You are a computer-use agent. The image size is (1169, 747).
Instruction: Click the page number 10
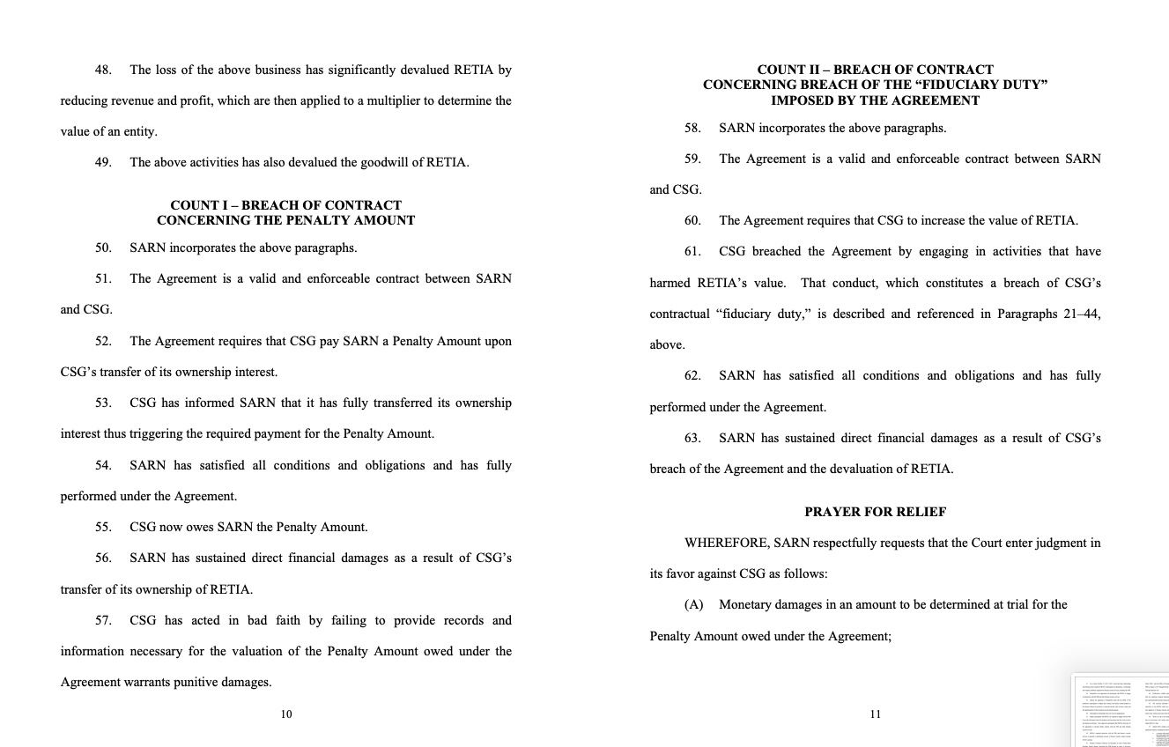point(286,714)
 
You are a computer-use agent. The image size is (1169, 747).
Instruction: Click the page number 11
point(875,714)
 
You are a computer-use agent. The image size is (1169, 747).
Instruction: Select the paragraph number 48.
point(103,70)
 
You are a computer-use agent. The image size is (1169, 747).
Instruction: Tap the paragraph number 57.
point(103,620)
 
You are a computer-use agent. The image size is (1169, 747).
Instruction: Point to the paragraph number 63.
point(692,438)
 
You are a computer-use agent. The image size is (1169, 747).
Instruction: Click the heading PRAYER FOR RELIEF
point(875,512)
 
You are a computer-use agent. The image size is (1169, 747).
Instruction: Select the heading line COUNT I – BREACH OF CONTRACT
point(285,205)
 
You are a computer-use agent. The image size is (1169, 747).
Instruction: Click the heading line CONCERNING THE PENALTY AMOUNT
point(285,220)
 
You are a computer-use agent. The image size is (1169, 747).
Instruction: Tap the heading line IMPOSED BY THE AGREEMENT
point(875,100)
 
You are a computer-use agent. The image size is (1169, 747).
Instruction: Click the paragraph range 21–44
point(1083,314)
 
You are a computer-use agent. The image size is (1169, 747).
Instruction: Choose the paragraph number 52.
point(103,341)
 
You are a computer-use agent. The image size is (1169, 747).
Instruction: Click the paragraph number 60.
point(692,220)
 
